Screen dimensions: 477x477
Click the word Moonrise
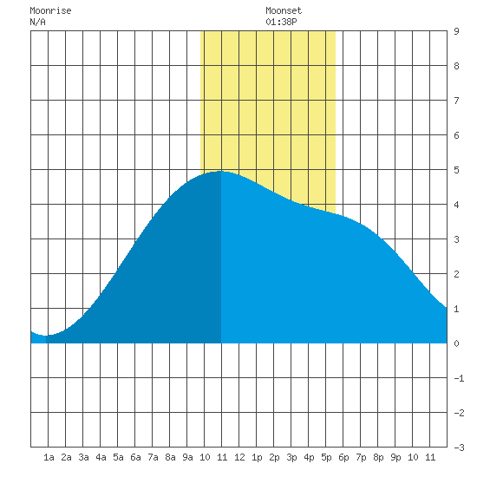tap(50, 11)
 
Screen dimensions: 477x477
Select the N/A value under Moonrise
tap(37, 22)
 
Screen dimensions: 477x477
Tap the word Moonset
tap(284, 11)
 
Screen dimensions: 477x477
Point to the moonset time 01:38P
tap(281, 22)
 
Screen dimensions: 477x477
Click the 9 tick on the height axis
tap(456, 31)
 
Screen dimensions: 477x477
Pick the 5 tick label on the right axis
tap(456, 170)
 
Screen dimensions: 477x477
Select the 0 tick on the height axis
tap(456, 343)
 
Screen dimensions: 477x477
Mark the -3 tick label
tap(459, 448)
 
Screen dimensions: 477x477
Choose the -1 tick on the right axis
tap(459, 378)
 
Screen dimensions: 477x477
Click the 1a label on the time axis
tap(49, 457)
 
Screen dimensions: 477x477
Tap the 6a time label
tap(135, 457)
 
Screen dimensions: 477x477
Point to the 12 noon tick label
tap(239, 457)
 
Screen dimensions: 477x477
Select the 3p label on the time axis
tap(291, 457)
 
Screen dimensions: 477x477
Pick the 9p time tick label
tap(395, 457)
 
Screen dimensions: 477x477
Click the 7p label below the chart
tap(361, 457)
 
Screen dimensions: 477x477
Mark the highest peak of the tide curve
tap(221, 171)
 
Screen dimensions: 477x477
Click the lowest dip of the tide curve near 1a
tap(46, 336)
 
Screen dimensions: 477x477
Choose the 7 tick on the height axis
tap(456, 101)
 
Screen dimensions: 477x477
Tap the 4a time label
tap(101, 457)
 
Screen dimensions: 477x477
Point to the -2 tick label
tap(459, 413)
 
